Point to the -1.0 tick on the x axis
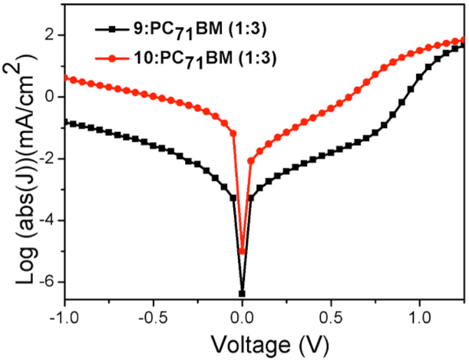64,314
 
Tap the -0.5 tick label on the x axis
153,314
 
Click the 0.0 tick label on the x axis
243,314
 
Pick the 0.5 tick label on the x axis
332,314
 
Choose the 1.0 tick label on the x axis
421,314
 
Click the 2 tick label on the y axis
48,35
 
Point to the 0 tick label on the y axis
48,97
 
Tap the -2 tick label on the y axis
45,159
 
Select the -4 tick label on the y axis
45,220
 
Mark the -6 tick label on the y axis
45,282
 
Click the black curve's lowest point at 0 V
243,293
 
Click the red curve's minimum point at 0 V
243,251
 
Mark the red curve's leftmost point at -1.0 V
66,78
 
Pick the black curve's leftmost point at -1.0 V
66,121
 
